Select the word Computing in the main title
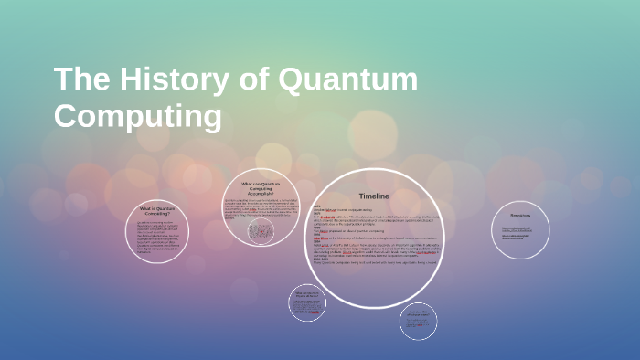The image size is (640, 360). (x=138, y=117)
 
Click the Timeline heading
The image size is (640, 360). (x=374, y=196)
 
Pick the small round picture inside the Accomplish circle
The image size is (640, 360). (x=261, y=232)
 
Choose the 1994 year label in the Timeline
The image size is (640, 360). (x=315, y=243)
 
